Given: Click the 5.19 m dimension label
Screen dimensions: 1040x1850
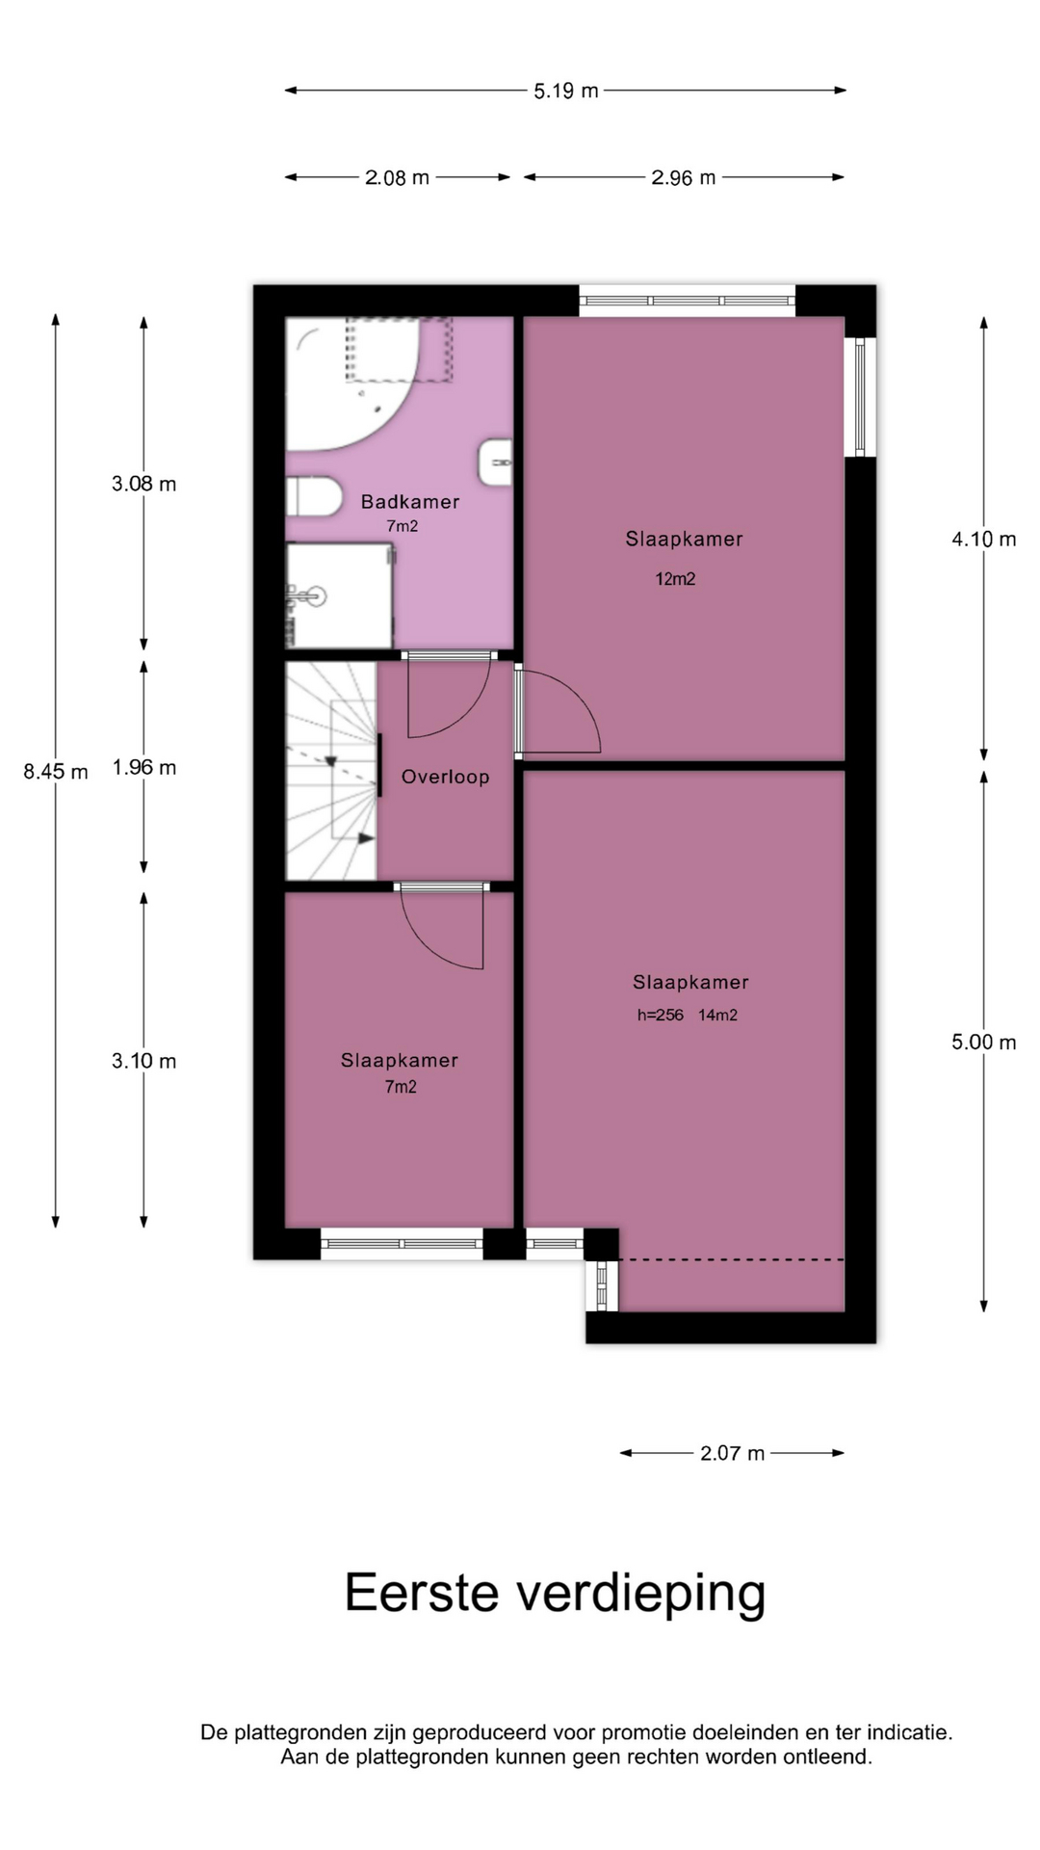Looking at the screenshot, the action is (x=566, y=91).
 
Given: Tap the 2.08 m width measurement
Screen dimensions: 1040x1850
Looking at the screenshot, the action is (x=397, y=177).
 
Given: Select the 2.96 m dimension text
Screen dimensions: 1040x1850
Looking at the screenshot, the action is (x=684, y=177).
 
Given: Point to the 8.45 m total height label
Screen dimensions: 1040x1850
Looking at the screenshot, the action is (x=56, y=772).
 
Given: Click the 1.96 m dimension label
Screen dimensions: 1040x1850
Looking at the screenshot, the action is (x=144, y=768).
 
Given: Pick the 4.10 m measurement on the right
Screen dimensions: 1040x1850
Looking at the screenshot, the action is (x=984, y=540).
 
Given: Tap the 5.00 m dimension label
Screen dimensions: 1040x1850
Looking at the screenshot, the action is (x=984, y=1043).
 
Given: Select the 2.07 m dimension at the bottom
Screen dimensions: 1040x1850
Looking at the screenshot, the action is (x=732, y=1453).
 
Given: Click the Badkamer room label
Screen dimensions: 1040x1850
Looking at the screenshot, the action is (x=410, y=502).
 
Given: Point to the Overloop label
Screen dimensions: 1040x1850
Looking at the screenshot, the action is (x=446, y=778).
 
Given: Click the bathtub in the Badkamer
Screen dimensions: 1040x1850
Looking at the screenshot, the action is (x=352, y=383).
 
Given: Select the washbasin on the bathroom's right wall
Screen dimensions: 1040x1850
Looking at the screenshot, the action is (x=495, y=462).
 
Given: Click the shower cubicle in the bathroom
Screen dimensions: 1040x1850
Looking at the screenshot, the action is (x=339, y=595).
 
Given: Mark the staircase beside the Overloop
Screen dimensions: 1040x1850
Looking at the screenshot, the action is (x=331, y=771).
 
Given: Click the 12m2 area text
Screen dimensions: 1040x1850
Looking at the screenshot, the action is (x=675, y=579).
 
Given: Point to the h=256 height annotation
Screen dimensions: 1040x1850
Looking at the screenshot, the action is (x=661, y=1016).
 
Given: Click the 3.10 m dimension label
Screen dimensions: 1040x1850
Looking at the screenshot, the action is (x=144, y=1062).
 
